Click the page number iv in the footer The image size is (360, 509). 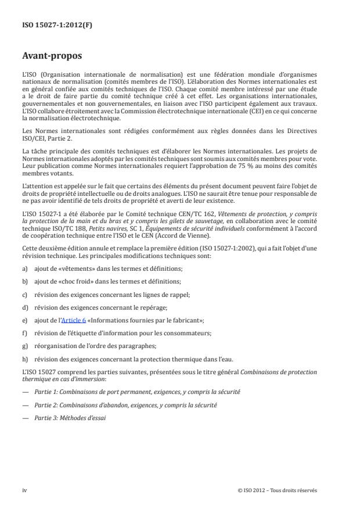[24, 490]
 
